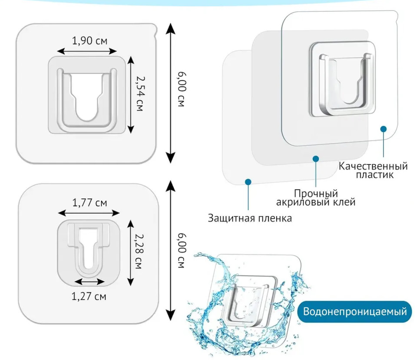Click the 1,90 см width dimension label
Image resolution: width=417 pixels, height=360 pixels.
(x=89, y=41)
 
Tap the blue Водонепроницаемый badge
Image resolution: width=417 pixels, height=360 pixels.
(x=355, y=312)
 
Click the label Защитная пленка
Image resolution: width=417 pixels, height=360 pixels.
(x=249, y=218)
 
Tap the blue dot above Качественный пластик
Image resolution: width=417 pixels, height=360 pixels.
(x=383, y=129)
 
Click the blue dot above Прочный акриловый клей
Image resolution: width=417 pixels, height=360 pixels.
(x=316, y=159)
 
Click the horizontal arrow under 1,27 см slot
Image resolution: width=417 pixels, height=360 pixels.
(x=89, y=282)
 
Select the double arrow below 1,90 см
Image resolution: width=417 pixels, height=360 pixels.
(x=89, y=51)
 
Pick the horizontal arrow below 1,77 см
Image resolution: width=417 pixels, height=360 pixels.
(x=89, y=213)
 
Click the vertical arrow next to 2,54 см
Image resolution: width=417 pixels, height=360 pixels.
(x=129, y=95)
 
